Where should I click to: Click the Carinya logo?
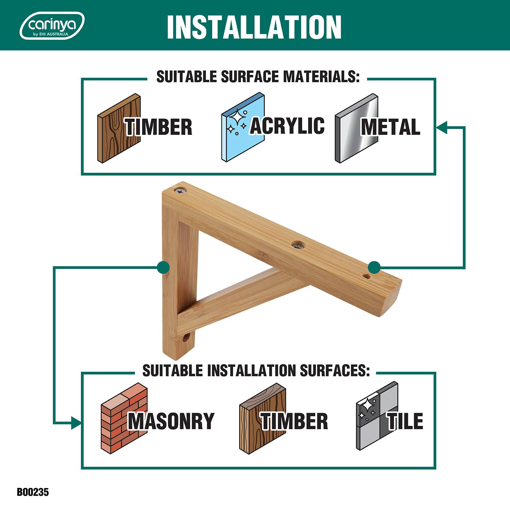52,25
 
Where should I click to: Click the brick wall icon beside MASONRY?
124,418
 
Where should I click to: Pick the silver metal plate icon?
357,128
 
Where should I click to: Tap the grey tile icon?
377,416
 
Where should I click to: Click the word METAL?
390,127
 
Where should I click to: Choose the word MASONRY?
171,421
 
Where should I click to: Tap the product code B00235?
33,492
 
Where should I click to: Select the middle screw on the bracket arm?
298,245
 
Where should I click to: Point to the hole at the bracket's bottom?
186,338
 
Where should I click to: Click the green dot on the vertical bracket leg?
163,267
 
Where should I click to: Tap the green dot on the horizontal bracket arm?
374,267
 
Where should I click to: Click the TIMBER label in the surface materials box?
158,127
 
